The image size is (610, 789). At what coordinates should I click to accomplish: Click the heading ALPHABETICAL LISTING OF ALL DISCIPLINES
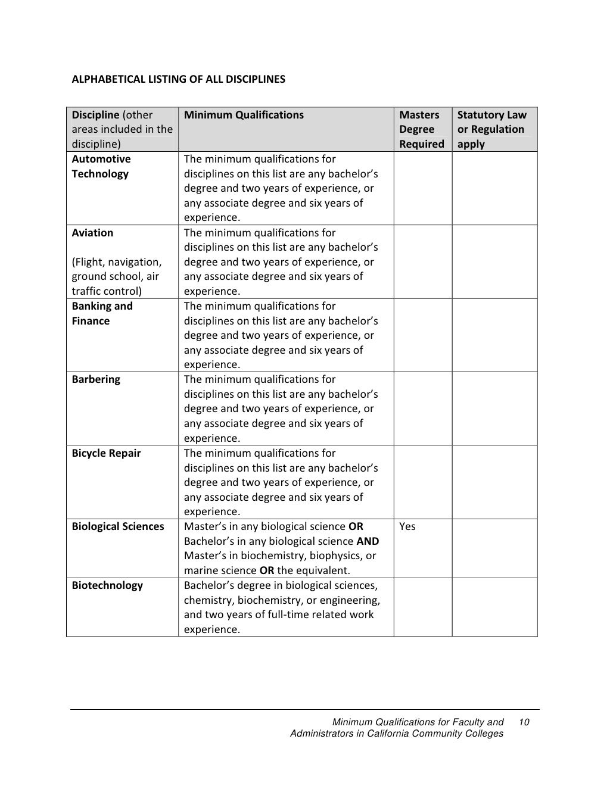[x=178, y=79]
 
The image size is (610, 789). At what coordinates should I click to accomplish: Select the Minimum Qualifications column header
[x=244, y=115]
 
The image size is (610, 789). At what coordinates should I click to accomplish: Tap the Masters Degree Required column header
[x=421, y=129]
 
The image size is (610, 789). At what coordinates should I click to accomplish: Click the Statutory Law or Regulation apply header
[x=491, y=129]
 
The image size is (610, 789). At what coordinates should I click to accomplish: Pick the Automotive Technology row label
[x=101, y=167]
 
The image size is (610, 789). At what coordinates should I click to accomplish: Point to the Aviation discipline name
[x=92, y=233]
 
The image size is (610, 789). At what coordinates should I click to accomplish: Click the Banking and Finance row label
[x=102, y=313]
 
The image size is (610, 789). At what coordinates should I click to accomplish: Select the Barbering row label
[x=96, y=379]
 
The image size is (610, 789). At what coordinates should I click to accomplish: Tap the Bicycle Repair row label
[x=106, y=453]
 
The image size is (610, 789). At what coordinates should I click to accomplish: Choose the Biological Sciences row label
[x=117, y=526]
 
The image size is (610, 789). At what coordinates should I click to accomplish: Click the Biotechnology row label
[x=107, y=585]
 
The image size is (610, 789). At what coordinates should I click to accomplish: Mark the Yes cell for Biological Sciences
[x=407, y=526]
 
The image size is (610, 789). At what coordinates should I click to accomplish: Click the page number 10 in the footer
[x=524, y=722]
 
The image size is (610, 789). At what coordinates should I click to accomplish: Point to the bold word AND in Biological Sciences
[x=368, y=541]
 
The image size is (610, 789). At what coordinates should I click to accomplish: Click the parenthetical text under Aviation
[x=117, y=276]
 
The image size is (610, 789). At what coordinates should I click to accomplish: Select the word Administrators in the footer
[x=322, y=734]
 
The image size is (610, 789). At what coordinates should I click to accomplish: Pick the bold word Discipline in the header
[x=95, y=115]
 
